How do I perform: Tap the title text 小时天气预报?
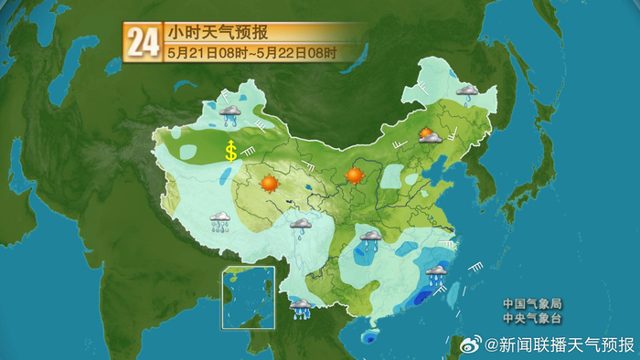click(x=217, y=33)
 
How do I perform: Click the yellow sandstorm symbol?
click(x=231, y=151)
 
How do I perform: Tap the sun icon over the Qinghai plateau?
click(x=269, y=183)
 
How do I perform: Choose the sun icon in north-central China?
click(x=355, y=175)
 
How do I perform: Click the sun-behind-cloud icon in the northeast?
click(x=428, y=136)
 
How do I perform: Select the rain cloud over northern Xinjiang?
click(x=229, y=113)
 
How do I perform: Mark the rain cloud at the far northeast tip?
click(x=467, y=92)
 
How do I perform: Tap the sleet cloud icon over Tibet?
click(x=220, y=221)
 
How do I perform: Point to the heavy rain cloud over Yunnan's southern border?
click(x=300, y=308)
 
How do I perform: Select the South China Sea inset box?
click(x=248, y=298)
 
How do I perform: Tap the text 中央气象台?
click(x=532, y=319)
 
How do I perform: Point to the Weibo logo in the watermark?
click(x=469, y=344)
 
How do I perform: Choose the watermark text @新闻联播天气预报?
click(x=559, y=344)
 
